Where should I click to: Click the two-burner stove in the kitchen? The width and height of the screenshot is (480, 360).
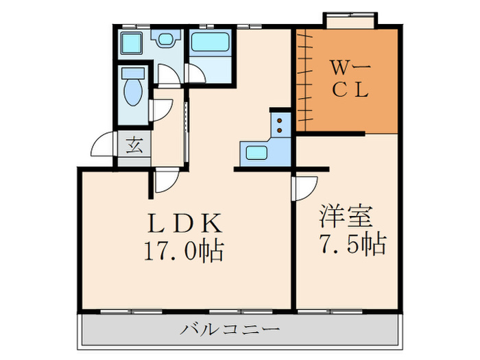tap(281, 124)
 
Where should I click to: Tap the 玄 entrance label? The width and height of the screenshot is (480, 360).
tap(134, 145)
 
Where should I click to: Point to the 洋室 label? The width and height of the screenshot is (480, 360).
tap(346, 215)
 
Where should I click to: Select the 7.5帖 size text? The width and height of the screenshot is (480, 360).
tap(352, 243)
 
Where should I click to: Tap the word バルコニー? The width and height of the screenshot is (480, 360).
tap(230, 330)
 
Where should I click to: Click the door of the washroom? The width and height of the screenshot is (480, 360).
tap(165, 73)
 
